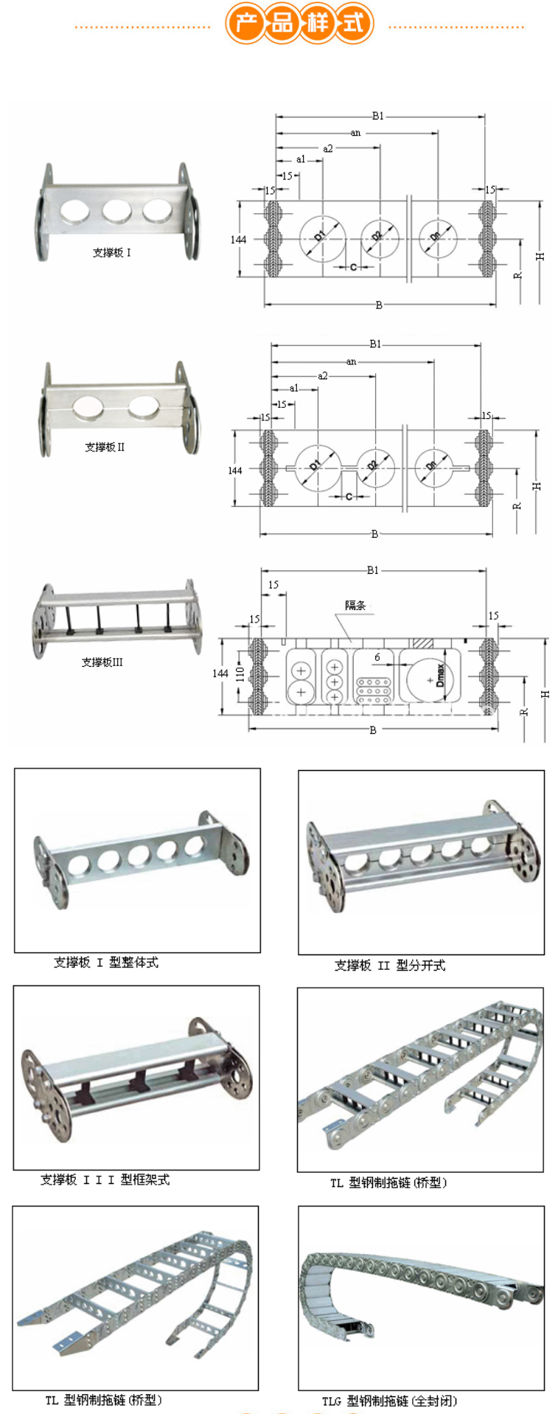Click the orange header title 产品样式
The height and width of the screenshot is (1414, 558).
click(x=299, y=24)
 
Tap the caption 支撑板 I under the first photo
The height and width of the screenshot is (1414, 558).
click(x=112, y=253)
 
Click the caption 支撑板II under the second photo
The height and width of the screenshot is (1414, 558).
click(x=105, y=447)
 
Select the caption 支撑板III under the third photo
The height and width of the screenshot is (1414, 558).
click(x=102, y=662)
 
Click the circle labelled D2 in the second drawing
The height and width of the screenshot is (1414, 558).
click(x=376, y=467)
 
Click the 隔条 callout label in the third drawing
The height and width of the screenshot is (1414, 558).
click(x=355, y=606)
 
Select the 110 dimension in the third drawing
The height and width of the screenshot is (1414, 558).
click(x=239, y=673)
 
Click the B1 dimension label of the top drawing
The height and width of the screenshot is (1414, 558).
click(x=377, y=116)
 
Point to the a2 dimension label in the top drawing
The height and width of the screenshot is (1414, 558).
click(x=328, y=148)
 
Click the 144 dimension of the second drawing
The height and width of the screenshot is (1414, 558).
click(x=235, y=471)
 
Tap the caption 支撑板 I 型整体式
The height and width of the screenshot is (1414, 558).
click(x=106, y=963)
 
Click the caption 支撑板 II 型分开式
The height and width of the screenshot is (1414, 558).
click(x=390, y=966)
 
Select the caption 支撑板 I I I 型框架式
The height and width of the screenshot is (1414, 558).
click(x=105, y=1180)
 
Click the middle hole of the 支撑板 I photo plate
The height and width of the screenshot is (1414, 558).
click(x=116, y=211)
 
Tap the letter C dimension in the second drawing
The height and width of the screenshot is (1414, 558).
click(x=349, y=497)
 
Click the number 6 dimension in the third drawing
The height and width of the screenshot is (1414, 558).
click(x=377, y=657)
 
